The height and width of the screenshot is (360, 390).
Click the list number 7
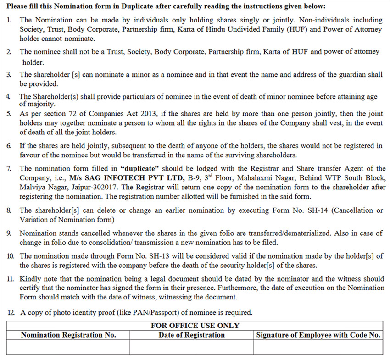point(9,169)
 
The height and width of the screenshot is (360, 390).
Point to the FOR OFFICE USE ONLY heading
point(195,326)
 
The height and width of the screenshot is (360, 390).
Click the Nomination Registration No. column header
point(68,335)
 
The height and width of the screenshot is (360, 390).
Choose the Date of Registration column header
point(191,335)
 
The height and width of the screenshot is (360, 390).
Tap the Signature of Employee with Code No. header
point(318,335)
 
